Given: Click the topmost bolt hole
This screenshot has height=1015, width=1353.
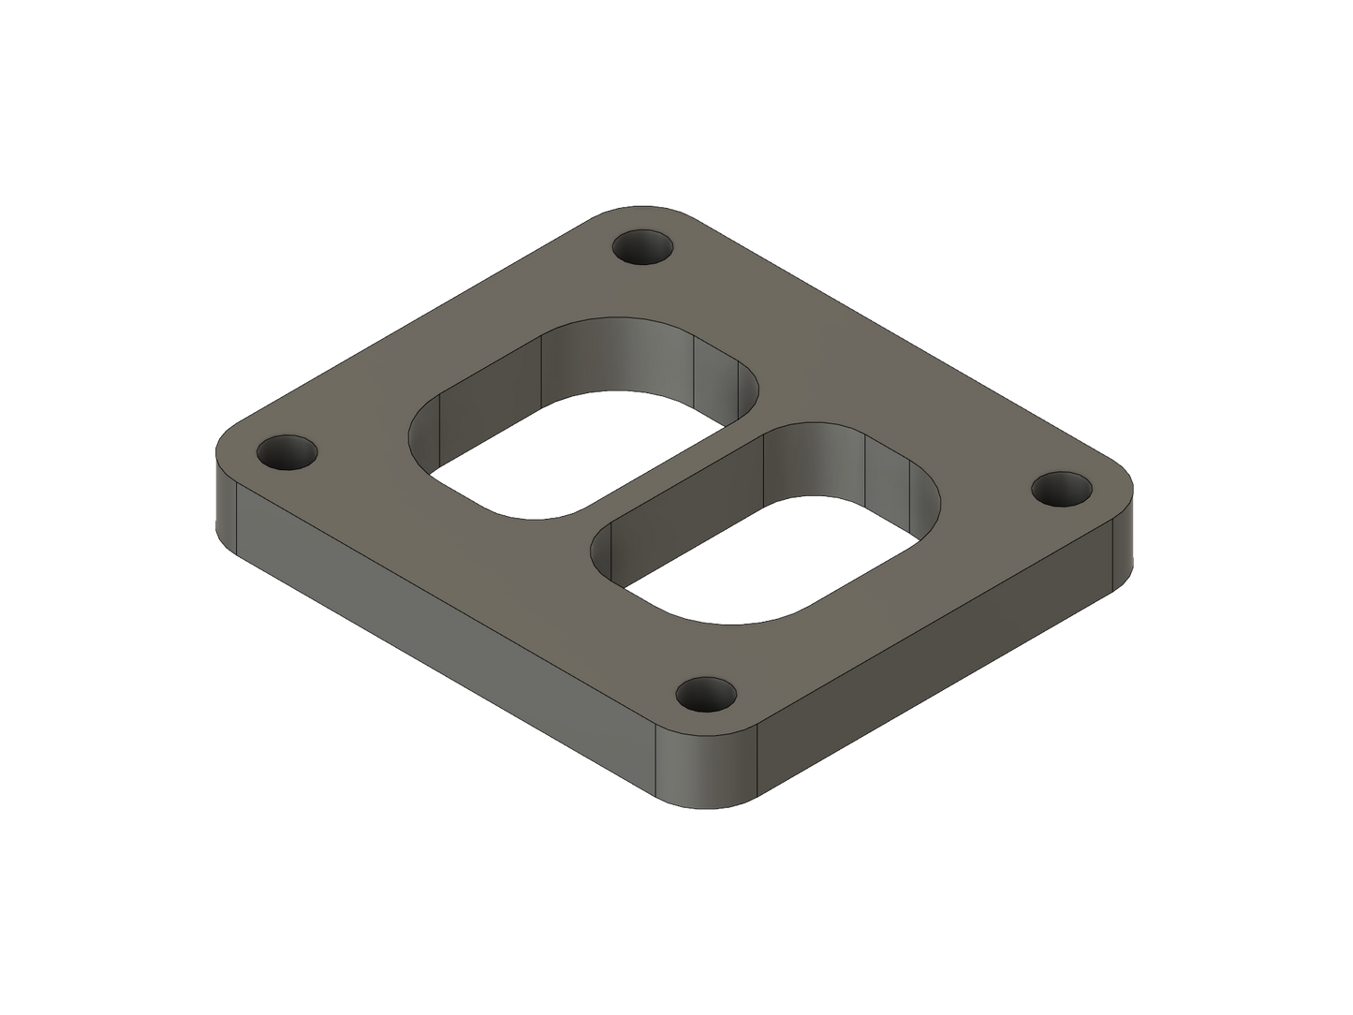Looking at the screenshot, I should (x=643, y=249).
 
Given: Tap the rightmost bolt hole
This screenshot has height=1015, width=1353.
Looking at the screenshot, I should (x=1062, y=490).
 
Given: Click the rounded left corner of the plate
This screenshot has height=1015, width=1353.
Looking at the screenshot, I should (x=225, y=487).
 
